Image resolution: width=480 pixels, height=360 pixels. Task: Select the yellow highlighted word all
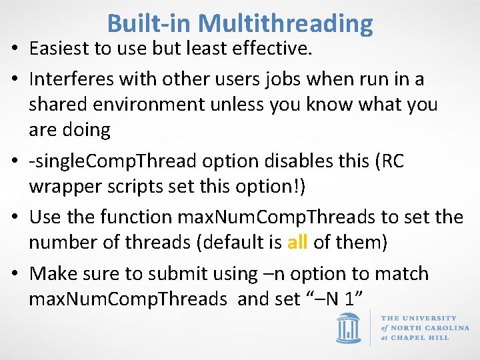297,242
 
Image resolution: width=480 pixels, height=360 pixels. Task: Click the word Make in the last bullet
51,273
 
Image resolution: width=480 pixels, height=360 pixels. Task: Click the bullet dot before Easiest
14,49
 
